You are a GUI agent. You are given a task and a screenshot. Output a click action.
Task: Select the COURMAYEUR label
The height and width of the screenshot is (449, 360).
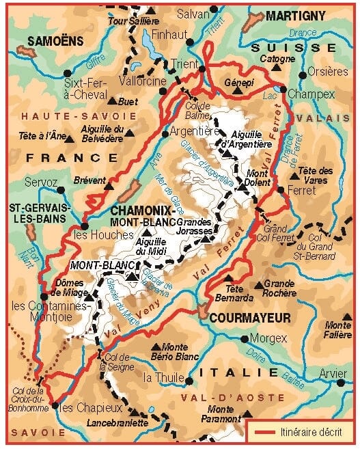(x=250, y=317)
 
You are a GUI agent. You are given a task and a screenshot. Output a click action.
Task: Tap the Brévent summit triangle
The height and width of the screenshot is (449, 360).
(x=109, y=182)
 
